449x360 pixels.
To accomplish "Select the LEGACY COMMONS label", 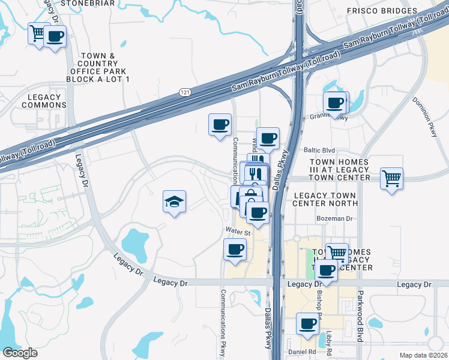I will click(x=44, y=101).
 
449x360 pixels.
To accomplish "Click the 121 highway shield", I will click(x=184, y=91).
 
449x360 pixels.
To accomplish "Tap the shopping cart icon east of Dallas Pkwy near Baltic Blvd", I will click(x=391, y=178).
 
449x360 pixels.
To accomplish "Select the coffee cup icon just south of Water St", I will click(x=235, y=249).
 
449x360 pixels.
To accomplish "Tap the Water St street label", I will click(x=238, y=231).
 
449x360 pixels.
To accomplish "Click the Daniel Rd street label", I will click(x=302, y=352).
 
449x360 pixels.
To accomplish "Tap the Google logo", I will click(x=20, y=353).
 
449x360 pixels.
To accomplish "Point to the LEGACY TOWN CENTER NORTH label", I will click(x=324, y=199).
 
